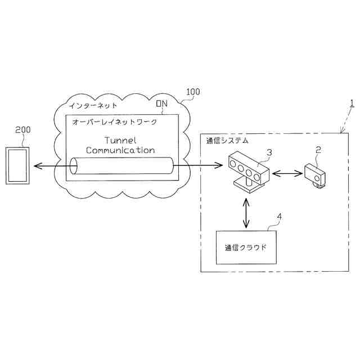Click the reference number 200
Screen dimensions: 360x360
pos(22,129)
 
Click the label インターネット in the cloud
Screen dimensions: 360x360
pos(93,105)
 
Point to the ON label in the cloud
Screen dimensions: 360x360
pos(161,103)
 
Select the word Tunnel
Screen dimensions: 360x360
pos(120,140)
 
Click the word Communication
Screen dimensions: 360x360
pos(120,150)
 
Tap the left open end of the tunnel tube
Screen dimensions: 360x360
pos(74,166)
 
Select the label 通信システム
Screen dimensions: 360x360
pos(227,140)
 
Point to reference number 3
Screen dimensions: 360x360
pos(269,152)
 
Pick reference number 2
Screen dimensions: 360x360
pos(318,150)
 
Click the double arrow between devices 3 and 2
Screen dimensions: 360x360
pos(287,174)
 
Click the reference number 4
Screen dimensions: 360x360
pos(280,216)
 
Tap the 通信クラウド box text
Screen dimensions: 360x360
pos(246,247)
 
